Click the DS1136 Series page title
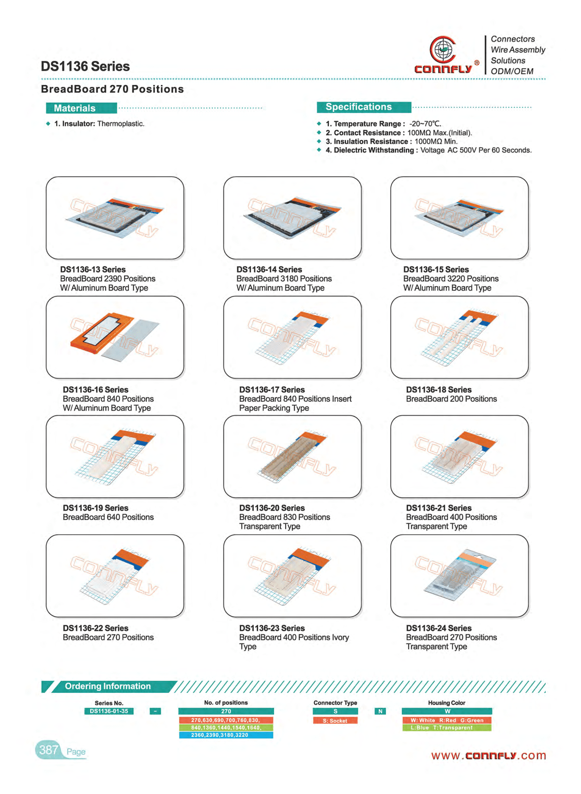(x=85, y=66)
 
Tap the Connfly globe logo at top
(x=442, y=49)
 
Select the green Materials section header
(x=81, y=108)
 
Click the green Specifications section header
(x=364, y=107)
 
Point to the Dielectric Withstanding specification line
(x=428, y=150)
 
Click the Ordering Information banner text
(x=108, y=686)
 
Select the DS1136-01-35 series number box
(x=109, y=711)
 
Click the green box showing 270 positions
(x=226, y=711)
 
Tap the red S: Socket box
(x=335, y=720)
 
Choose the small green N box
(x=381, y=711)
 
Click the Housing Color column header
(x=446, y=702)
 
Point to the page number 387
(x=48, y=749)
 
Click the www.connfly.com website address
(x=489, y=755)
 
